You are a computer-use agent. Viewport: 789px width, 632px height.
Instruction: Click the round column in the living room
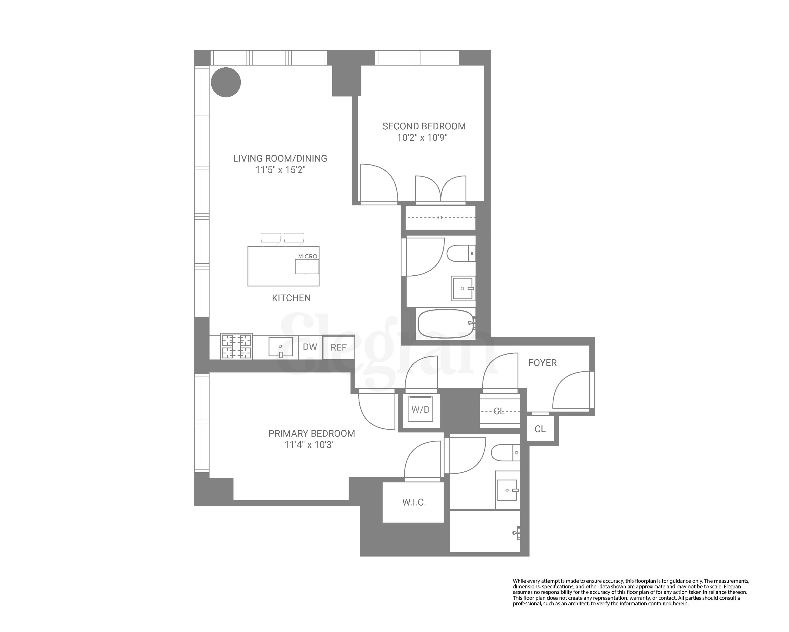pyautogui.click(x=226, y=82)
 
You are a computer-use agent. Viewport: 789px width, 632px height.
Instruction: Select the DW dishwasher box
pyautogui.click(x=310, y=347)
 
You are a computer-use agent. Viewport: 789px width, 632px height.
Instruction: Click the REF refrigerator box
pyautogui.click(x=338, y=347)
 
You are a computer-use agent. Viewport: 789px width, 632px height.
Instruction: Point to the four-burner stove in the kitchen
pyautogui.click(x=236, y=346)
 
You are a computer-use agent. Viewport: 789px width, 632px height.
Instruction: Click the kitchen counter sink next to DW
pyautogui.click(x=281, y=347)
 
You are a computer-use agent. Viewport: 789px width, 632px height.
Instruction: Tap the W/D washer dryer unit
pyautogui.click(x=421, y=410)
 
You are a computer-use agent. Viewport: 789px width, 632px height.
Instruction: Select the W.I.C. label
pyautogui.click(x=414, y=502)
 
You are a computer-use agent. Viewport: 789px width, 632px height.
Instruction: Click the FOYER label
pyautogui.click(x=542, y=363)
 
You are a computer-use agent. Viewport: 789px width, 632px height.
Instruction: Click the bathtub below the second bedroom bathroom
pyautogui.click(x=445, y=324)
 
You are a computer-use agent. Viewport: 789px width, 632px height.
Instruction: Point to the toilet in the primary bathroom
pyautogui.click(x=504, y=453)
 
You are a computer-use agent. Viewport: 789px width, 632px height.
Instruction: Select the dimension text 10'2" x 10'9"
pyautogui.click(x=423, y=138)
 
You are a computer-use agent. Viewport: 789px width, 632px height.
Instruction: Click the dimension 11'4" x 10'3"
pyautogui.click(x=309, y=445)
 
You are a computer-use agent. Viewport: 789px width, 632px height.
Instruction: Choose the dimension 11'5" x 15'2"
pyautogui.click(x=280, y=170)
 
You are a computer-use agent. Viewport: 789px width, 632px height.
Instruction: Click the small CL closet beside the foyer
pyautogui.click(x=540, y=429)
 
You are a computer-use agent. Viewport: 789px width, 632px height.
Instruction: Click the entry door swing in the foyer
pyautogui.click(x=571, y=390)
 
